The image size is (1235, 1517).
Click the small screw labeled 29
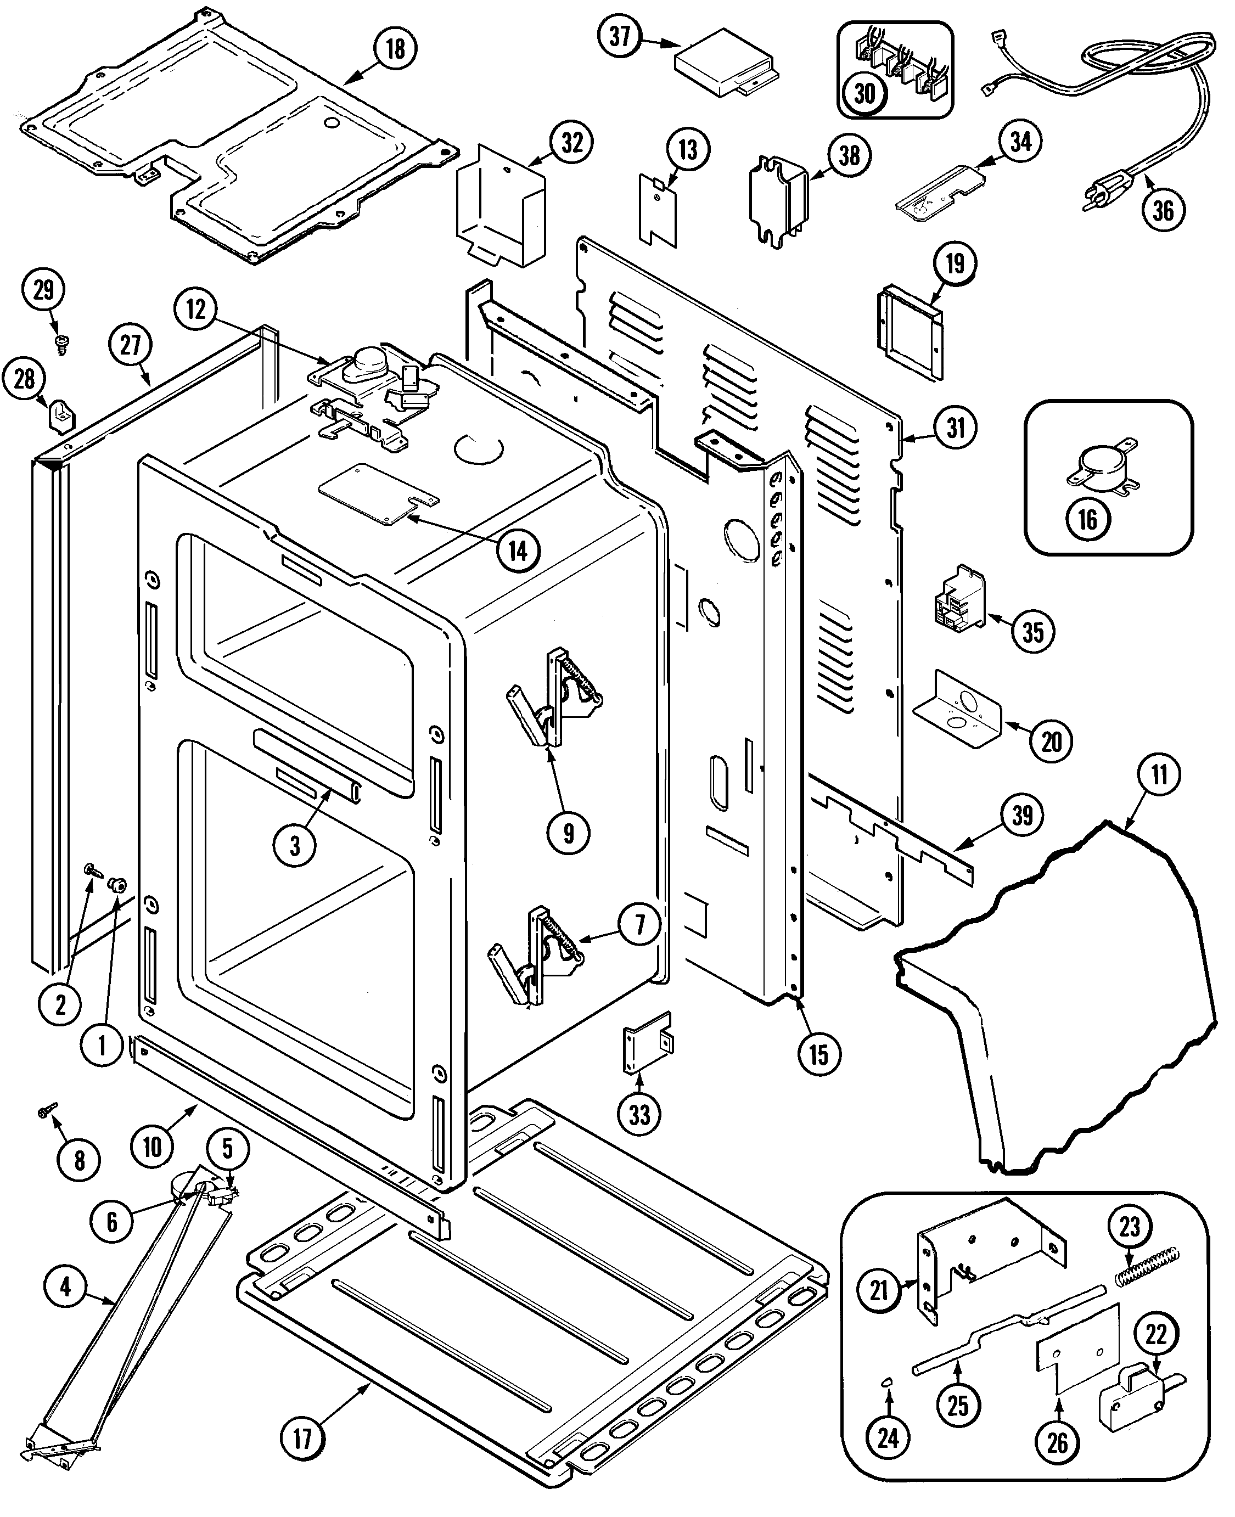point(61,346)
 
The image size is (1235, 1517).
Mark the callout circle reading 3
point(295,846)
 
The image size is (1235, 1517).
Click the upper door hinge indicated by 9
point(555,697)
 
